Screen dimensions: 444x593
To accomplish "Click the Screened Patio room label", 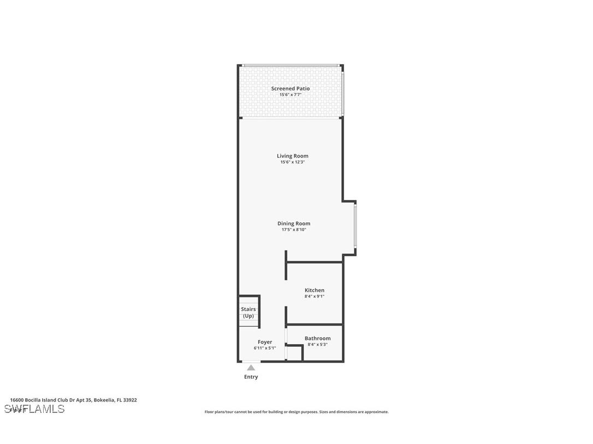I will coord(290,88).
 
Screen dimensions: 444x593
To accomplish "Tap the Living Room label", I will coord(293,156).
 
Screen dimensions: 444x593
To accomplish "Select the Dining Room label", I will coord(294,224).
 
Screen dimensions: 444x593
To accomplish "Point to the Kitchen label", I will coord(315,290).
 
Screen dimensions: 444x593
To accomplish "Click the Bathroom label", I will coord(318,338).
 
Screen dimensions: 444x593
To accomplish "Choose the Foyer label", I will coord(265,342).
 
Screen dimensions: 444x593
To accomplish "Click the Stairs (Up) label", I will coord(248,313).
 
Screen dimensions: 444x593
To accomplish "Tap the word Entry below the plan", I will coord(251,377).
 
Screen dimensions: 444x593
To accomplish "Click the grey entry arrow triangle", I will coord(251,368).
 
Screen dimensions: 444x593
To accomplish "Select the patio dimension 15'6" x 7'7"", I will coord(290,95).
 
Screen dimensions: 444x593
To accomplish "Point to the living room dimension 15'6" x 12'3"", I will coord(293,162).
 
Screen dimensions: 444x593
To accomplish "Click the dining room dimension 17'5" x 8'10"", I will coord(294,230).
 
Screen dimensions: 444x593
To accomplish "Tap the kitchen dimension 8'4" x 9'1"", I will coord(315,296).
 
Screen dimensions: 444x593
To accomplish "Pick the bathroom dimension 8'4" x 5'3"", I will coord(318,344).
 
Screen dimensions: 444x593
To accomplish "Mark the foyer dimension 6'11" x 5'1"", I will coord(265,348).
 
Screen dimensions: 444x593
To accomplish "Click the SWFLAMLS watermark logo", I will coord(34,409).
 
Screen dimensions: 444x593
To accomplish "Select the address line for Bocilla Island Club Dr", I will coord(74,400).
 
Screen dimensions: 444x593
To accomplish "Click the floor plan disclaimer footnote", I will coord(296,412).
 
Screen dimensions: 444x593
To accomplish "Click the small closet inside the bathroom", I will coord(294,353).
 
